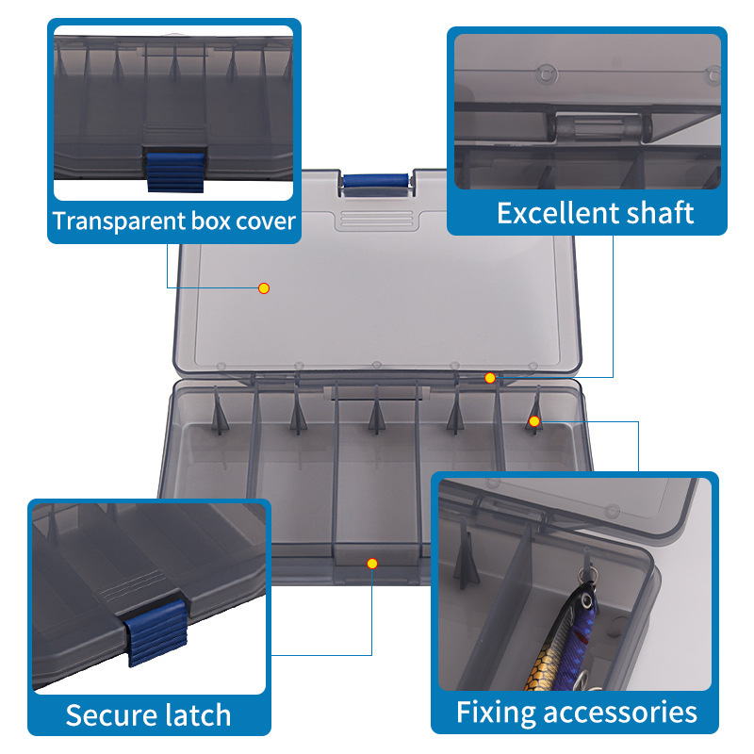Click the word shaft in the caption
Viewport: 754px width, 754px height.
point(658,213)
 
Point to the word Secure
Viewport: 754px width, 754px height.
point(106,715)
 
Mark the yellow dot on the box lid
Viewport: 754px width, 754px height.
point(264,287)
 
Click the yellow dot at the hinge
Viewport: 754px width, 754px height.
point(490,378)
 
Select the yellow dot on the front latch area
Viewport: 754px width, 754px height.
point(372,564)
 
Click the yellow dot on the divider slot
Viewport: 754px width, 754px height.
point(534,421)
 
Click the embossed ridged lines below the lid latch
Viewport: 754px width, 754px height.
point(375,221)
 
